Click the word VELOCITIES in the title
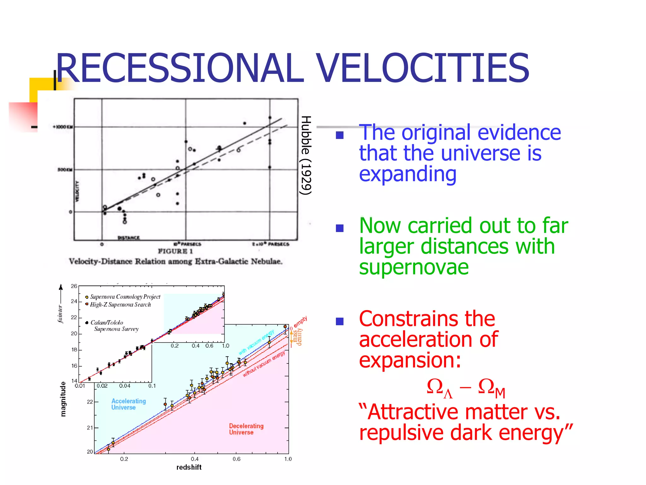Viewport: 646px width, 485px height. tap(423, 68)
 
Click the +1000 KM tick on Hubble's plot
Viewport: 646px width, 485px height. tap(63, 127)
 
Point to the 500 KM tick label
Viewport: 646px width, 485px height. tap(65, 170)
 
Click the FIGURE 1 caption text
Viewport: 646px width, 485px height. tap(175, 251)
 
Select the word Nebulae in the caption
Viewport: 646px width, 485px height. tap(267, 261)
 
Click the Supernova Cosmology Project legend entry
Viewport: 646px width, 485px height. tap(125, 297)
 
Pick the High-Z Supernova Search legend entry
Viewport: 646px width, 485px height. tap(120, 305)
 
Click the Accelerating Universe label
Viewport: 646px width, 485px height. tap(128, 404)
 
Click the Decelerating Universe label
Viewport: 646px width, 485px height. tap(246, 429)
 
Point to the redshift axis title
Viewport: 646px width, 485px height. tap(189, 467)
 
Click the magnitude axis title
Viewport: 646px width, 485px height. tap(63, 399)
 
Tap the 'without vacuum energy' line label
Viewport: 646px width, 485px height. tap(264, 364)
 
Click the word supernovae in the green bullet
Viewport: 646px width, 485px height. tap(414, 267)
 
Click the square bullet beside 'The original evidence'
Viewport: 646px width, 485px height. tap(340, 135)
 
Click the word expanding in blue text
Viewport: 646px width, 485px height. tap(408, 174)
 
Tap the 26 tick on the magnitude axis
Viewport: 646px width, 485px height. tap(74, 286)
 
